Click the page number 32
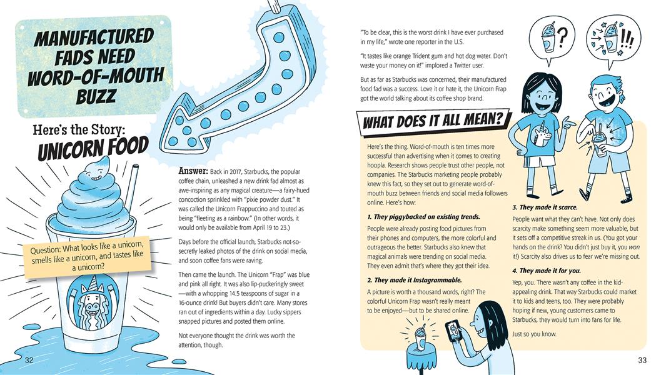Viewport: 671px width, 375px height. tap(29, 360)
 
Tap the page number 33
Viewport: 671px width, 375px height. tap(642, 360)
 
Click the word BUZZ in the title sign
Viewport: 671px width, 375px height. tap(96, 96)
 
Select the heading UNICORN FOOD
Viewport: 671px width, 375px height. tap(93, 147)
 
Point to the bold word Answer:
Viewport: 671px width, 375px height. tap(193, 171)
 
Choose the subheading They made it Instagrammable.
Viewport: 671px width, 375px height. tap(415, 281)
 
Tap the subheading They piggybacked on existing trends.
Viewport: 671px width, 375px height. tap(423, 217)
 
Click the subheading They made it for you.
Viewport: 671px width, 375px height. tap(547, 271)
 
